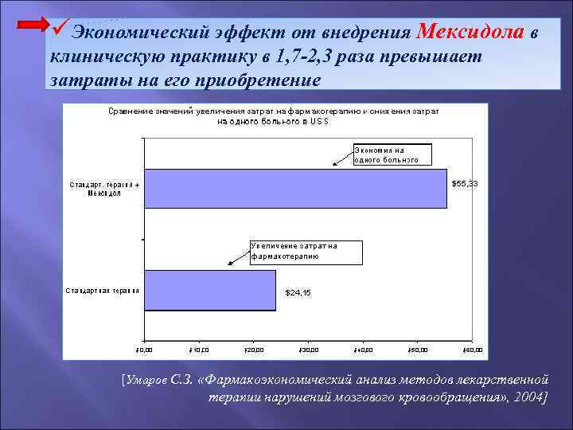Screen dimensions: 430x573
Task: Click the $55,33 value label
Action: (465, 184)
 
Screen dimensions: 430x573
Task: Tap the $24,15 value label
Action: (298, 293)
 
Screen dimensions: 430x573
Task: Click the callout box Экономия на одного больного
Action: (392, 154)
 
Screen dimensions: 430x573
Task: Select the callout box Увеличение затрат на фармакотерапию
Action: (306, 252)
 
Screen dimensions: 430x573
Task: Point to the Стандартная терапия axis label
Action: (102, 290)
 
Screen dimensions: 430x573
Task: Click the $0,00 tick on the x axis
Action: (144, 350)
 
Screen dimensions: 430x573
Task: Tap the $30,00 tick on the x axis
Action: (308, 350)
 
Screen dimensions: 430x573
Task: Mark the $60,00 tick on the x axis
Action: (473, 350)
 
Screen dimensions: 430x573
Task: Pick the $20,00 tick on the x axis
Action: (253, 350)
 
